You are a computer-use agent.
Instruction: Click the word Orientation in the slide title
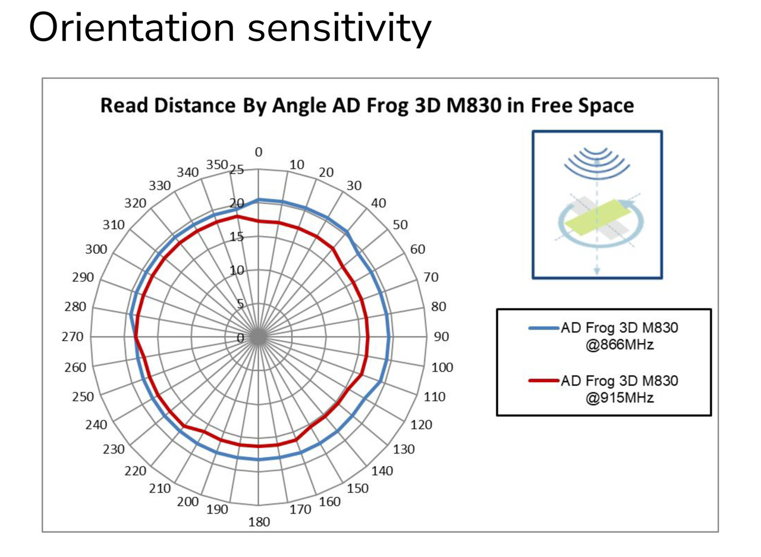click(x=132, y=28)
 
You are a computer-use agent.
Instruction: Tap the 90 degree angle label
click(x=441, y=336)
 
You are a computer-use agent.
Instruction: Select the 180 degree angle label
click(x=259, y=522)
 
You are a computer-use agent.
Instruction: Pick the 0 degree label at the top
click(x=259, y=152)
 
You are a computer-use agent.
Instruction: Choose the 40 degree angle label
click(x=378, y=203)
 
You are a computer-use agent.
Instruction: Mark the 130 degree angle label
click(x=404, y=449)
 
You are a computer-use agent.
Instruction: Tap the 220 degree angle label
click(x=136, y=471)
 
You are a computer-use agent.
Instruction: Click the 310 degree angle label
click(x=114, y=225)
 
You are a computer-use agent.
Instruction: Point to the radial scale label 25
click(x=237, y=170)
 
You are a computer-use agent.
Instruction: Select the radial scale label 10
click(x=237, y=270)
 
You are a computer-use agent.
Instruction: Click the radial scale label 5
click(x=240, y=304)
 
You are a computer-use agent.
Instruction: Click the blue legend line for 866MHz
click(x=543, y=328)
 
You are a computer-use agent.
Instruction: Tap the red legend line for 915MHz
click(x=543, y=380)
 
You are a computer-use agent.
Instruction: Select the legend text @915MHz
click(x=620, y=398)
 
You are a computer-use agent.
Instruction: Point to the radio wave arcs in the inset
click(x=597, y=162)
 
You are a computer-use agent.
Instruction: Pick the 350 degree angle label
click(x=217, y=165)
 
